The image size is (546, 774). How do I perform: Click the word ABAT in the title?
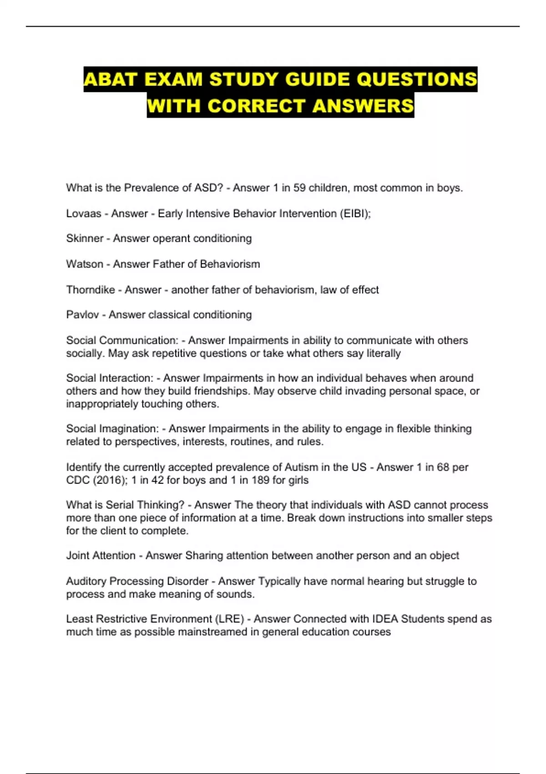tap(111, 79)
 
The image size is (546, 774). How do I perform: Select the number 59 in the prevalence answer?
tap(299, 188)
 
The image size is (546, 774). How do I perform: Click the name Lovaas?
tap(84, 213)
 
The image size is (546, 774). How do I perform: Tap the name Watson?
tap(85, 264)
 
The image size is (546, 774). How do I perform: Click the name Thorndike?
tap(91, 290)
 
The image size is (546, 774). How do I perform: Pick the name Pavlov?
tap(82, 315)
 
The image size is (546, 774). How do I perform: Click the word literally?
tap(384, 353)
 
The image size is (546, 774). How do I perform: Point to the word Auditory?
tap(86, 581)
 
